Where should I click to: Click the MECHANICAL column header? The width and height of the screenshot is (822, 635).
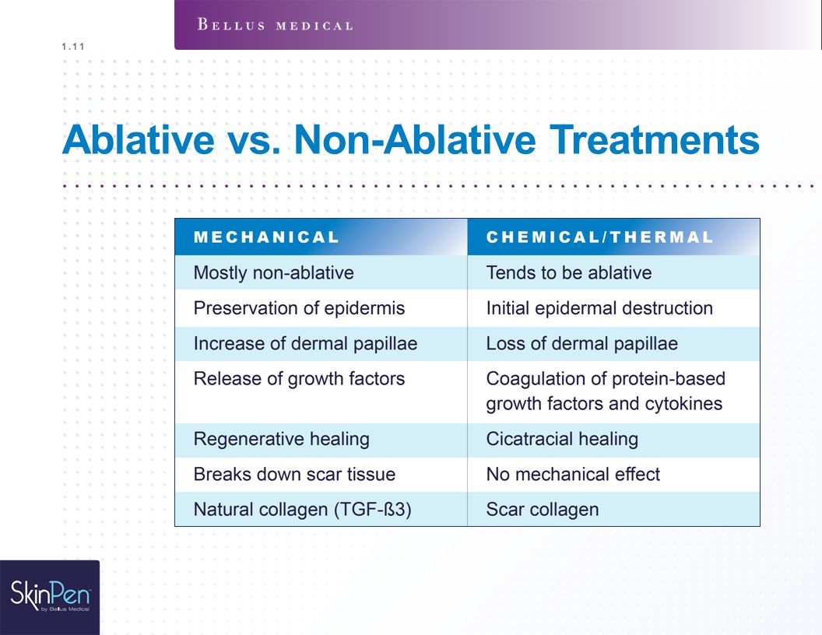(x=266, y=237)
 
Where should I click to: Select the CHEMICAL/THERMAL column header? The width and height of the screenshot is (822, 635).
(x=599, y=237)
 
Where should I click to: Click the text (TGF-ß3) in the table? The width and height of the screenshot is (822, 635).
(x=373, y=509)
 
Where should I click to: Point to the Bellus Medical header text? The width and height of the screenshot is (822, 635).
(x=275, y=25)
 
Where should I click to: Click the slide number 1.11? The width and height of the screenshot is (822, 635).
(x=73, y=47)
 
